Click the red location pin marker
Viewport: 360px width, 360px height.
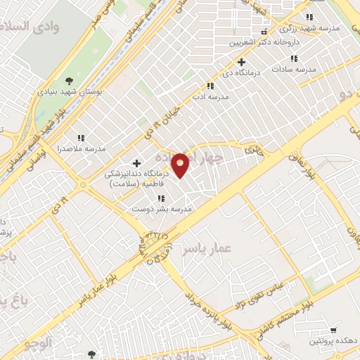tap(181, 165)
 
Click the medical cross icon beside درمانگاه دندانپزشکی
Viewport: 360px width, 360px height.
tap(136, 163)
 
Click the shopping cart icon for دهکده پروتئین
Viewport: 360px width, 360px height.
tap(333, 330)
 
